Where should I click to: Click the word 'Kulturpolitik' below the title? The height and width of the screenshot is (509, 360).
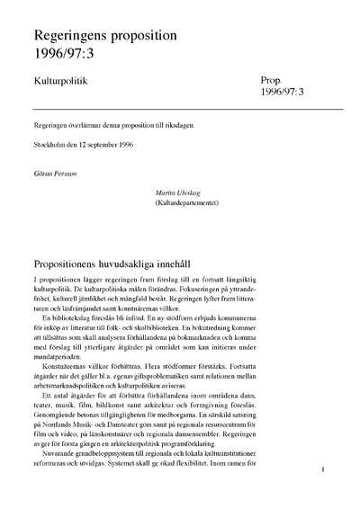coord(62,81)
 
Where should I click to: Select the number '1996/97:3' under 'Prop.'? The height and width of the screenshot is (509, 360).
coord(284,93)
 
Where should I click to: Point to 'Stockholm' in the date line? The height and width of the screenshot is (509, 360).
coord(51,145)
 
